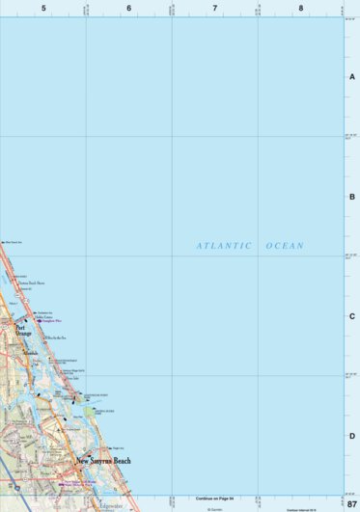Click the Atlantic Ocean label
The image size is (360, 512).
[250, 246]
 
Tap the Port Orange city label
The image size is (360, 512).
[24, 331]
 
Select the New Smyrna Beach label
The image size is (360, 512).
[103, 461]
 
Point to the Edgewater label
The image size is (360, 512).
[112, 503]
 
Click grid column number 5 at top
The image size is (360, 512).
[43, 8]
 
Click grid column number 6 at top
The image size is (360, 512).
[128, 8]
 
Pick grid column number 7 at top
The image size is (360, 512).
[214, 8]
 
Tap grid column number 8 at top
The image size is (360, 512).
[300, 8]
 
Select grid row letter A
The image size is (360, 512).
[352, 77]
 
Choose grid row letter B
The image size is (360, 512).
[352, 197]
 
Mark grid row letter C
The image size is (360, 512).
[352, 316]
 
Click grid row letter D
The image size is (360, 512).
[352, 436]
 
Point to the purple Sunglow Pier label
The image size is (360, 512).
[52, 320]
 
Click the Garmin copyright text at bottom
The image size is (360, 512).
[214, 507]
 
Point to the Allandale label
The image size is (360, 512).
[33, 353]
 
